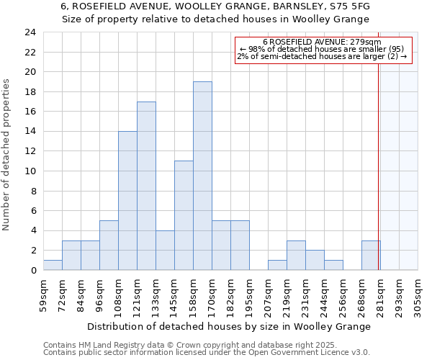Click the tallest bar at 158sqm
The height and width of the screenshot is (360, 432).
pos(202,176)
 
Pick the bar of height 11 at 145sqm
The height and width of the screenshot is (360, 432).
pos(184,215)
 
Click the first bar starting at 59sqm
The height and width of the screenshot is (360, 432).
pos(53,265)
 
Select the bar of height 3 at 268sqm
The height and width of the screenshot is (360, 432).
pos(371,255)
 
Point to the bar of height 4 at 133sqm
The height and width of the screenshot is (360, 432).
pos(165,250)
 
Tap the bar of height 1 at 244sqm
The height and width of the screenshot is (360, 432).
pos(333,265)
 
